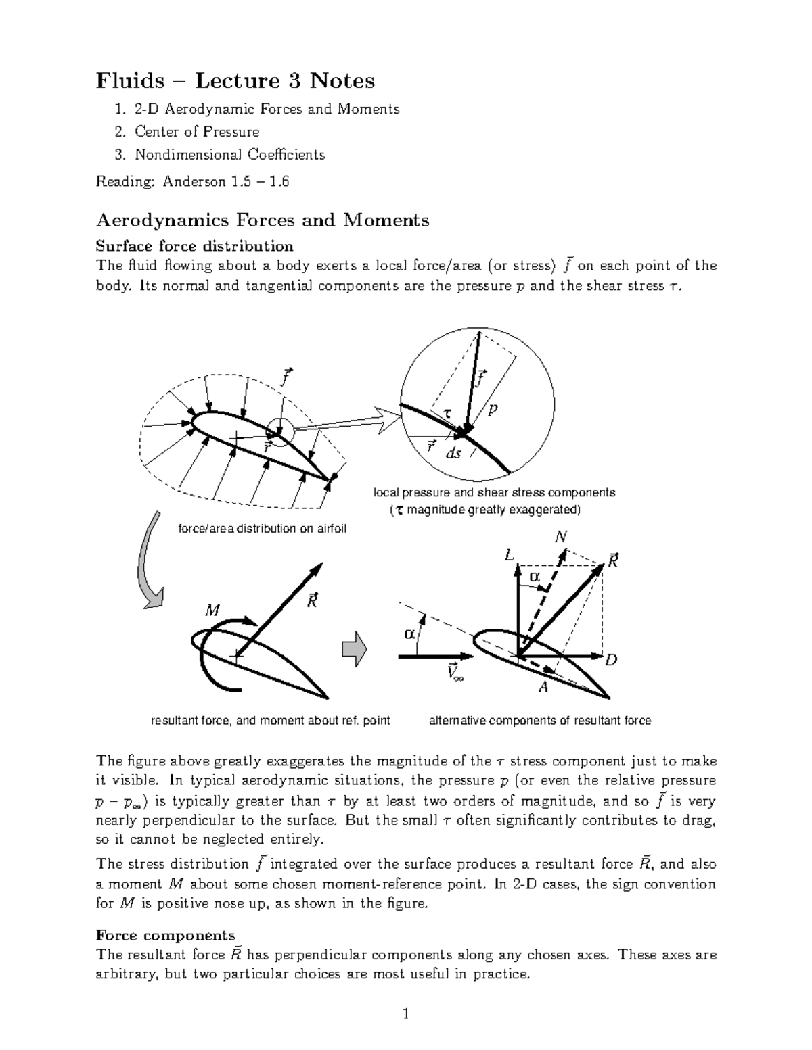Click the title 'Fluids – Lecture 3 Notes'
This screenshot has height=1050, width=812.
235,80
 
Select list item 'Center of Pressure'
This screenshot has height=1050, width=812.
196,131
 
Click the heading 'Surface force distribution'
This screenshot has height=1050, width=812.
195,245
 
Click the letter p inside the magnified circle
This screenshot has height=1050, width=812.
493,410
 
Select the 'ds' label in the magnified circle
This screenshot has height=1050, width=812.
453,454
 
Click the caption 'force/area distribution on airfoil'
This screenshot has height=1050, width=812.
262,528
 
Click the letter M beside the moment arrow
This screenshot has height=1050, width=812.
212,611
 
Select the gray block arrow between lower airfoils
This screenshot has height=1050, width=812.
354,649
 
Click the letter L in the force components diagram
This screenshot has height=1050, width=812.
509,555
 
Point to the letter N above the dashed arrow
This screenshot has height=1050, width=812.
560,537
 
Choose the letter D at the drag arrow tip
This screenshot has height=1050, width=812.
611,659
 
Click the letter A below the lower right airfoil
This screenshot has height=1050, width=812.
543,688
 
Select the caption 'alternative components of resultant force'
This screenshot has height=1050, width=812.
540,721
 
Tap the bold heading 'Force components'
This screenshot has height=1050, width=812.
166,935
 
